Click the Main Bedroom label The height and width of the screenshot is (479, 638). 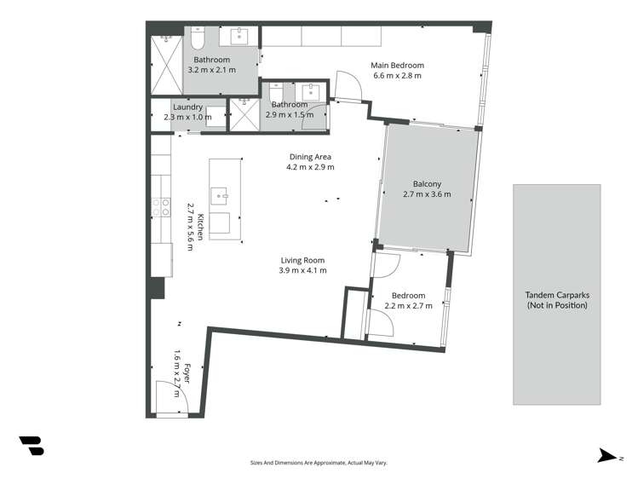[397, 65]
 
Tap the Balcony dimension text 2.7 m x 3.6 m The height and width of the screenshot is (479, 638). [427, 194]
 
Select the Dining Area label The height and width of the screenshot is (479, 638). [310, 157]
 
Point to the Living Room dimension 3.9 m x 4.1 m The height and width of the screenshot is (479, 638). [302, 270]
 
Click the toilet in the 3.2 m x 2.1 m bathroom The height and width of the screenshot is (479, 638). [197, 38]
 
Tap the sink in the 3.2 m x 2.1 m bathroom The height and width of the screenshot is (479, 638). [239, 37]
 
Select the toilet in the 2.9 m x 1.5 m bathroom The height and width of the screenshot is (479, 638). [279, 93]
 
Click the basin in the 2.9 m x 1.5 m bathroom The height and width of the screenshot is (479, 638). [311, 91]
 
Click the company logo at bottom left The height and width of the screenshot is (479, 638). [31, 445]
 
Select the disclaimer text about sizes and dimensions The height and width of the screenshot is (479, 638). [319, 462]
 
